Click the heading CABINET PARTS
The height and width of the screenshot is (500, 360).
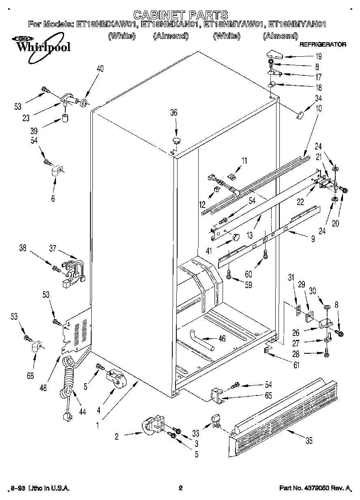tap(180, 15)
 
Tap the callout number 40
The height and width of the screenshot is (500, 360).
tap(100, 69)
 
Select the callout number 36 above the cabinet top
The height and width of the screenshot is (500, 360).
tap(174, 113)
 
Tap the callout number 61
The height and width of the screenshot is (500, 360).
tap(296, 365)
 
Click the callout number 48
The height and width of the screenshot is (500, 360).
tap(43, 387)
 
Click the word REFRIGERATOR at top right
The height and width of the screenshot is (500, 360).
tap(323, 44)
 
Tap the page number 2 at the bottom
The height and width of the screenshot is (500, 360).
tap(181, 488)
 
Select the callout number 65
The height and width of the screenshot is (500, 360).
tap(268, 395)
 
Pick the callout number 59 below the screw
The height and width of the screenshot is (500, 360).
tap(248, 285)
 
